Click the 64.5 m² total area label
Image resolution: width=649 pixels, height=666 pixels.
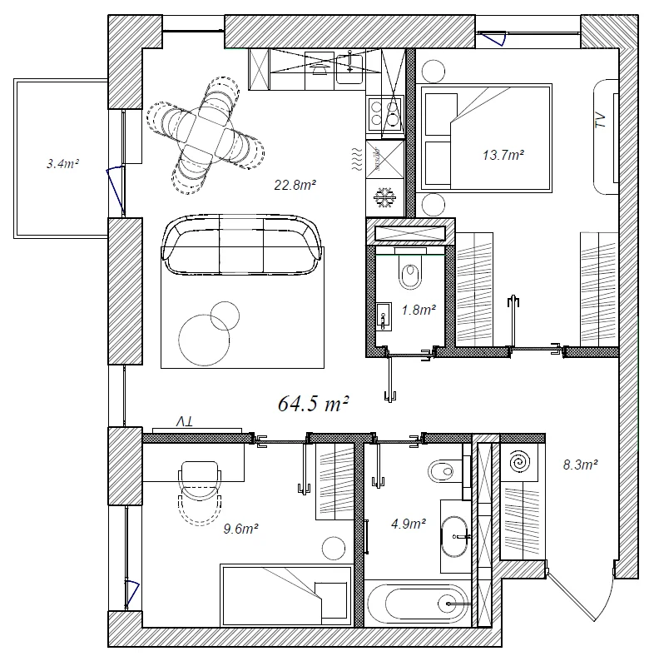click(313, 404)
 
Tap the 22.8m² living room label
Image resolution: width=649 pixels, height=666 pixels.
click(295, 185)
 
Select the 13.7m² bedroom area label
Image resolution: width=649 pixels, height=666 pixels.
click(503, 155)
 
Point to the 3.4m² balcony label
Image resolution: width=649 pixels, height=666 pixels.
click(63, 163)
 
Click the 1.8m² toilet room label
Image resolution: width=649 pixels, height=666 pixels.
click(419, 310)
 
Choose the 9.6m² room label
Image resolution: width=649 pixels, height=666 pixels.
click(240, 529)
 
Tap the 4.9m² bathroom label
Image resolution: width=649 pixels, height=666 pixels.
click(409, 524)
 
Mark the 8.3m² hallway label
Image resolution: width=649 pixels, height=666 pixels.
click(580, 465)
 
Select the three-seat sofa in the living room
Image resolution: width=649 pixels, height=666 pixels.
click(241, 245)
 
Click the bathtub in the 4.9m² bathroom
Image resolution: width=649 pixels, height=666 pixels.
click(418, 604)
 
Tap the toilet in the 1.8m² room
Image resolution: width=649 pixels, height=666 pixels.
click(410, 272)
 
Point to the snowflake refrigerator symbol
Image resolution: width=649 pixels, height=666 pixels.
click(384, 198)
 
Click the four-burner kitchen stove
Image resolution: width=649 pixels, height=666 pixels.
click(385, 114)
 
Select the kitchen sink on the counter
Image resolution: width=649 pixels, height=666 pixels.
click(349, 67)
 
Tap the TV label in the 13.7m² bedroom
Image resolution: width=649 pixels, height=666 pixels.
click(600, 120)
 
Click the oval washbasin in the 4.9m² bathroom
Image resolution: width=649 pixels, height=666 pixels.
click(454, 537)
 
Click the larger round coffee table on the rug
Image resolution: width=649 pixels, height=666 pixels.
click(204, 340)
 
